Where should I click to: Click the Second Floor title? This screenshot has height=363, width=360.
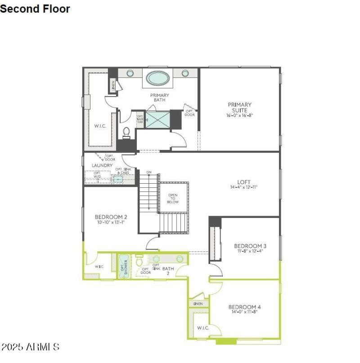pyautogui.click(x=35, y=9)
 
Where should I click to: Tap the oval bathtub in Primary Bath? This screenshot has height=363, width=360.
pyautogui.click(x=157, y=78)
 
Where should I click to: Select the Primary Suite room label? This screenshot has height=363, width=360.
pyautogui.click(x=239, y=107)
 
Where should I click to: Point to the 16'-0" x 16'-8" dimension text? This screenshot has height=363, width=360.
pyautogui.click(x=239, y=115)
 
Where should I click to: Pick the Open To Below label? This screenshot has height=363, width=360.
pyautogui.click(x=173, y=199)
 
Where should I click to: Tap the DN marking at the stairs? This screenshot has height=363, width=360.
pyautogui.click(x=148, y=172)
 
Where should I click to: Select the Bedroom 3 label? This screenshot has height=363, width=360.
pyautogui.click(x=250, y=245)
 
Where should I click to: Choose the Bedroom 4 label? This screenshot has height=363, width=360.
pyautogui.click(x=244, y=307)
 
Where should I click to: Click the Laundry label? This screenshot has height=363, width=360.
pyautogui.click(x=102, y=165)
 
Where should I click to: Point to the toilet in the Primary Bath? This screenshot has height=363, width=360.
pyautogui.click(x=126, y=132)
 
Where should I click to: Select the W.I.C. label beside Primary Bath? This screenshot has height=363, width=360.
pyautogui.click(x=100, y=126)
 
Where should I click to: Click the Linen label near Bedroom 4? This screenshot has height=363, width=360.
pyautogui.click(x=198, y=304)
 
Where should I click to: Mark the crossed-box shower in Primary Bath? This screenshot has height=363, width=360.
pyautogui.click(x=157, y=119)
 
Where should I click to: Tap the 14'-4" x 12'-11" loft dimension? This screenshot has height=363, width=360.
pyautogui.click(x=243, y=187)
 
